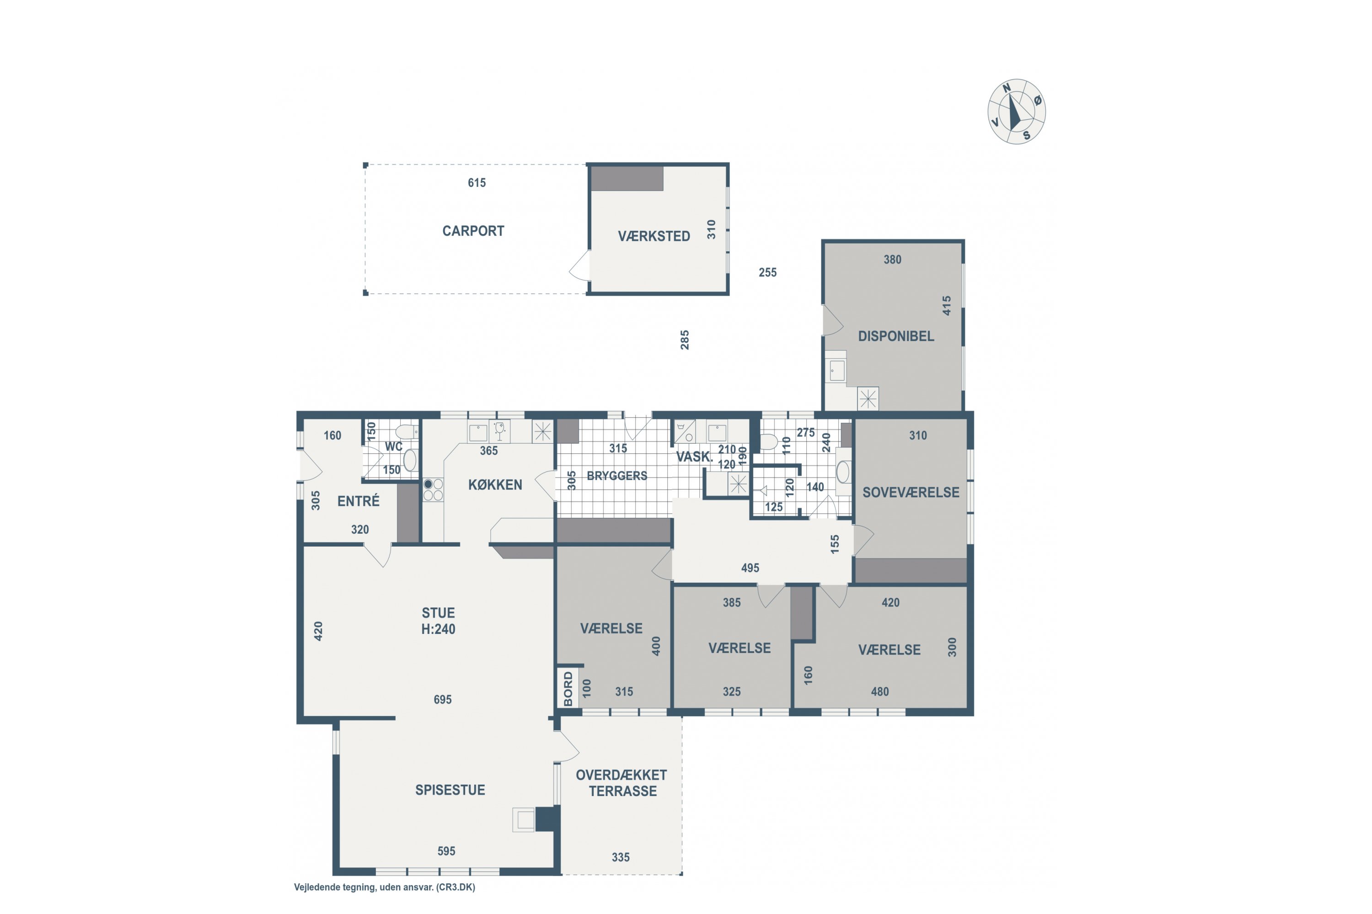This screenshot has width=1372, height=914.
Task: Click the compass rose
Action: point(1016,112)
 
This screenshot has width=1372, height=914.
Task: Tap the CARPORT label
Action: point(473,231)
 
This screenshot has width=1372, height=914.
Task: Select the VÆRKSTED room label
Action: point(654,236)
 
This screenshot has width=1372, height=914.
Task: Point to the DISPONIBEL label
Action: point(896,336)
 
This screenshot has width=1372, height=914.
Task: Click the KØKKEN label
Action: point(495,484)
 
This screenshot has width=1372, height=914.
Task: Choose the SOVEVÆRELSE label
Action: point(911,492)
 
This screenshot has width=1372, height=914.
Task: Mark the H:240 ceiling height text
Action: point(438,629)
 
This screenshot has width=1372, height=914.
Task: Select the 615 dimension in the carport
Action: point(477,182)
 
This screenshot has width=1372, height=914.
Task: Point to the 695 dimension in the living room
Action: point(443,700)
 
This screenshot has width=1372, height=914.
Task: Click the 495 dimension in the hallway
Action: point(750,568)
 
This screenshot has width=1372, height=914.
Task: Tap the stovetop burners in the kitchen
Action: point(433,489)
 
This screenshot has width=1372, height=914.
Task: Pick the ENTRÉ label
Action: point(358,501)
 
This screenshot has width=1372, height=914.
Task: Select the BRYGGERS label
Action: point(617,476)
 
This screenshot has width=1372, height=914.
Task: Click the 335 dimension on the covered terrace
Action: point(621,857)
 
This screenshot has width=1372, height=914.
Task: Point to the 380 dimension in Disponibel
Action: point(893,260)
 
